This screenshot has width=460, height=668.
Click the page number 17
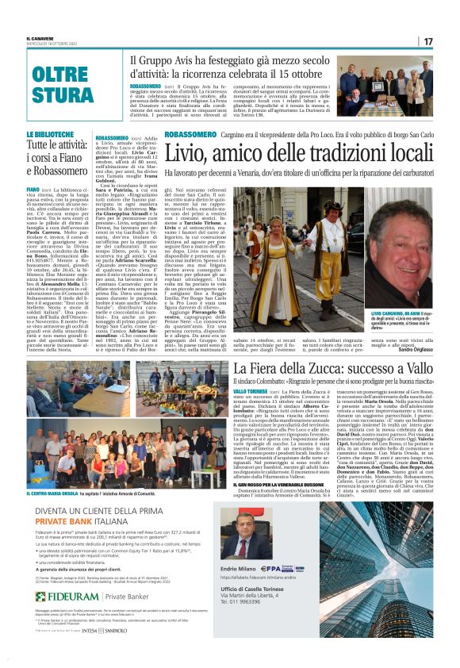(427, 40)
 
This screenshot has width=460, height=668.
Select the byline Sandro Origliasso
(415, 327)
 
